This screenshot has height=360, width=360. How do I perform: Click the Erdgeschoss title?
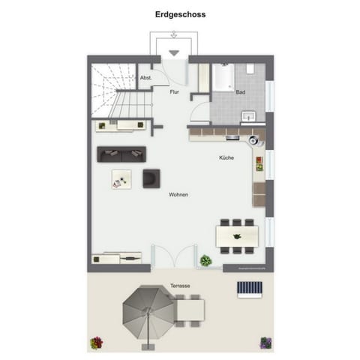(x=179, y=14)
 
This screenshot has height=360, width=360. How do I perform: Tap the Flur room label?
(x=174, y=92)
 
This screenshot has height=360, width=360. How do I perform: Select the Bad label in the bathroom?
(x=240, y=92)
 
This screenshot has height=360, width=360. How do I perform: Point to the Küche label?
(x=226, y=158)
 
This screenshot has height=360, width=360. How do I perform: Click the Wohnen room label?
(x=178, y=195)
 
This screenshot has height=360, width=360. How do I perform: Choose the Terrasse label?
(x=179, y=286)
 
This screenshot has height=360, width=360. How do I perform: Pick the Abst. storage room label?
(x=145, y=78)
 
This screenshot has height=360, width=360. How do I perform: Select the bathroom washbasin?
(x=250, y=115)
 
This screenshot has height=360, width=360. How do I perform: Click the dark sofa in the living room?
(x=121, y=154)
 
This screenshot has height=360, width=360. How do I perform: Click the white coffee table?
(x=121, y=178)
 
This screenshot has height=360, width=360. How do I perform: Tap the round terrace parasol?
(x=148, y=312)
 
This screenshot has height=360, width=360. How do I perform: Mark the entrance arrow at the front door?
(x=174, y=52)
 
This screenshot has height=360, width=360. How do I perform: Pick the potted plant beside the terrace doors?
(x=205, y=260)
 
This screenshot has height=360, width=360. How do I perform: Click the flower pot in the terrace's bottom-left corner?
(x=95, y=343)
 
